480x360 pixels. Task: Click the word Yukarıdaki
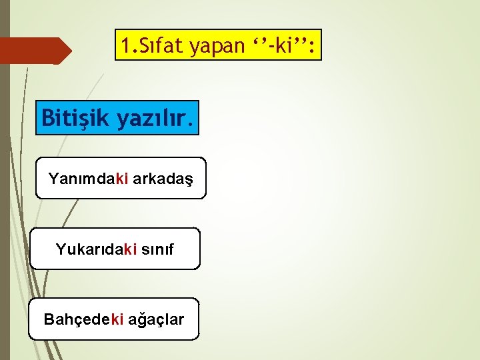point(97,249)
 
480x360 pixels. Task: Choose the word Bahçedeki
point(83,319)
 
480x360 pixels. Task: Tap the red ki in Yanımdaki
point(122,179)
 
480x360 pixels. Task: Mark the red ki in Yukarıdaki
point(130,249)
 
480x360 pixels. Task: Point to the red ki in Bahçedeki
point(117,319)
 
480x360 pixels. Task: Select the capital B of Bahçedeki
point(49,319)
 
